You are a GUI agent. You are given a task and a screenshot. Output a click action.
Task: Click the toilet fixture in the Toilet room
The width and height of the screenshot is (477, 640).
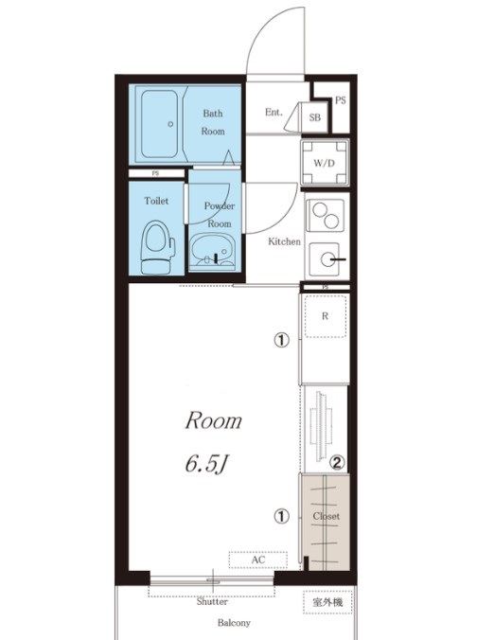pyautogui.click(x=158, y=247)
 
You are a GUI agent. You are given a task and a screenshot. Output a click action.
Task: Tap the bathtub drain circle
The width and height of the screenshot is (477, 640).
pyautogui.click(x=170, y=124)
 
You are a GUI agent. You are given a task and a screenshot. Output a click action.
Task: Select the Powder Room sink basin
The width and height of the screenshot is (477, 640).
pyautogui.click(x=212, y=251)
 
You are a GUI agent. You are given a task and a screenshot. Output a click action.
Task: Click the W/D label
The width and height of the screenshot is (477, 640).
pyautogui.click(x=324, y=164)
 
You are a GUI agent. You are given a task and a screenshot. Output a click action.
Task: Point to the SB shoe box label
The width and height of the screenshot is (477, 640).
pyautogui.click(x=314, y=117)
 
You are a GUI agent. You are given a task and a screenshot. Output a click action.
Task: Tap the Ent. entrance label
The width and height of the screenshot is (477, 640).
pyautogui.click(x=274, y=112)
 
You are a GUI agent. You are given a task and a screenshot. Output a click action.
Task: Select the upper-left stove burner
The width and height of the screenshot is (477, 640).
pyautogui.click(x=319, y=210)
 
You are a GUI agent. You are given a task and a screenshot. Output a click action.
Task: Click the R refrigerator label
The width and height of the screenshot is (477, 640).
pyautogui.click(x=325, y=316)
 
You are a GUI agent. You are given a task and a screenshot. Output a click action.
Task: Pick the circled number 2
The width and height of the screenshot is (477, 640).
pyautogui.click(x=337, y=462)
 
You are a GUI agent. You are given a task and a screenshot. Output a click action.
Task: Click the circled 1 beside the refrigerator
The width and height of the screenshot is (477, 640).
pyautogui.click(x=281, y=340)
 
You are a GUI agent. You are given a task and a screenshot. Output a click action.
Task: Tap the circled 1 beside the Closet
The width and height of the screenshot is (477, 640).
pyautogui.click(x=281, y=517)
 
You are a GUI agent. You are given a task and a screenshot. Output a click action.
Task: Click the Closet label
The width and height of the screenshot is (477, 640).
pyautogui.click(x=326, y=516)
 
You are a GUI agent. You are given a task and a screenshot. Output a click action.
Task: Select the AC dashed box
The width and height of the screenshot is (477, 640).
pyautogui.click(x=257, y=560)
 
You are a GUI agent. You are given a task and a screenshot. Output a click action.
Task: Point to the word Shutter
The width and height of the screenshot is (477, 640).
pyautogui.click(x=212, y=601)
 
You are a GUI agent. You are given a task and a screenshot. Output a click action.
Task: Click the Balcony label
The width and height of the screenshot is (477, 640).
pyautogui.click(x=234, y=623)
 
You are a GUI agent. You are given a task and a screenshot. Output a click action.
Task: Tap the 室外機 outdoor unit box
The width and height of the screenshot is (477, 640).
pyautogui.click(x=327, y=602)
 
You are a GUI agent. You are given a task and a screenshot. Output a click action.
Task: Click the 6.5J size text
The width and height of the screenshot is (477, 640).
pyautogui.click(x=206, y=464)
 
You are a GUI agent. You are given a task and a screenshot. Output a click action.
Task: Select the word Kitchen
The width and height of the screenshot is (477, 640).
pyautogui.click(x=285, y=241)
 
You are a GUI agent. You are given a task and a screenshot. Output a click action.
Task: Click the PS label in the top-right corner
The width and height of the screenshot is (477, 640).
pyautogui.click(x=341, y=100)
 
